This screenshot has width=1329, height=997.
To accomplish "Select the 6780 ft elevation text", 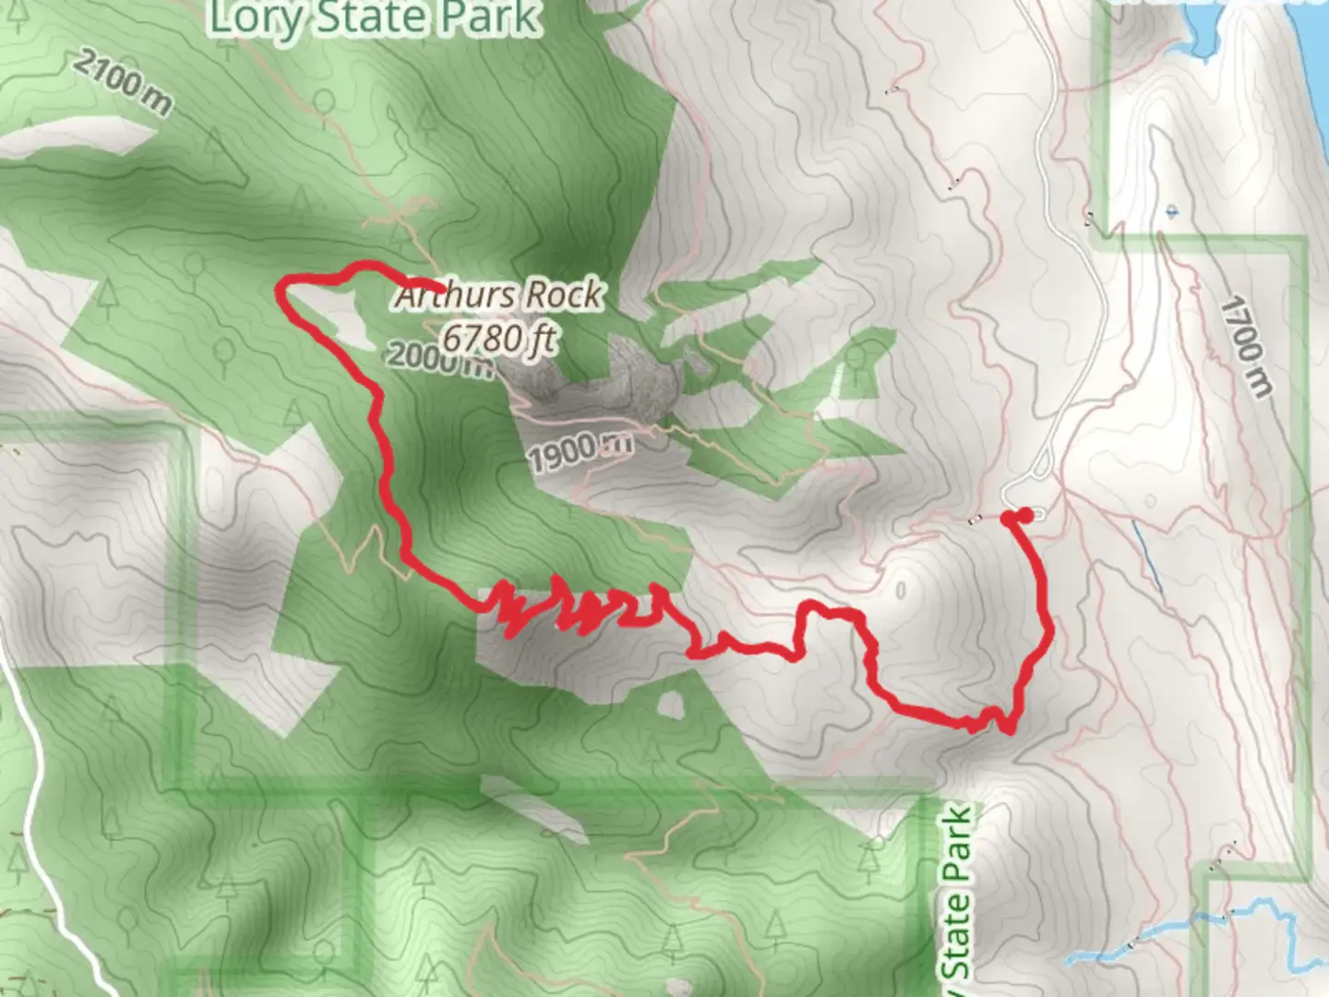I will pyautogui.click(x=499, y=338).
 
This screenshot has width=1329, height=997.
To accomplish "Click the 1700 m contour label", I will pyautogui.click(x=1247, y=346).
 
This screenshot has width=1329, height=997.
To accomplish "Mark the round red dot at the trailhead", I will pyautogui.click(x=1024, y=515).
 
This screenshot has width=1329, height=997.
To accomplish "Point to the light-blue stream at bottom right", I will pyautogui.click(x=1200, y=923).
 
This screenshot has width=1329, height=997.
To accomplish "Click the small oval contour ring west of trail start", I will pyautogui.click(x=900, y=589).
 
